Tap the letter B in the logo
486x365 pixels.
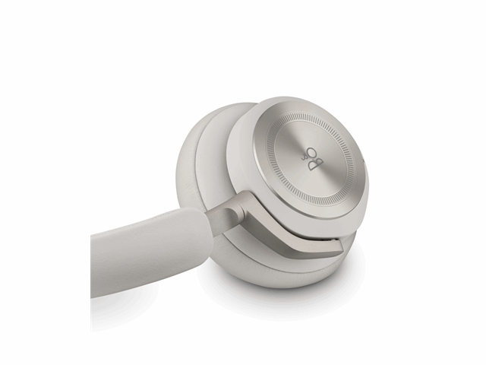[x=315, y=165]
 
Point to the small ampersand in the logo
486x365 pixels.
[x=304, y=158]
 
